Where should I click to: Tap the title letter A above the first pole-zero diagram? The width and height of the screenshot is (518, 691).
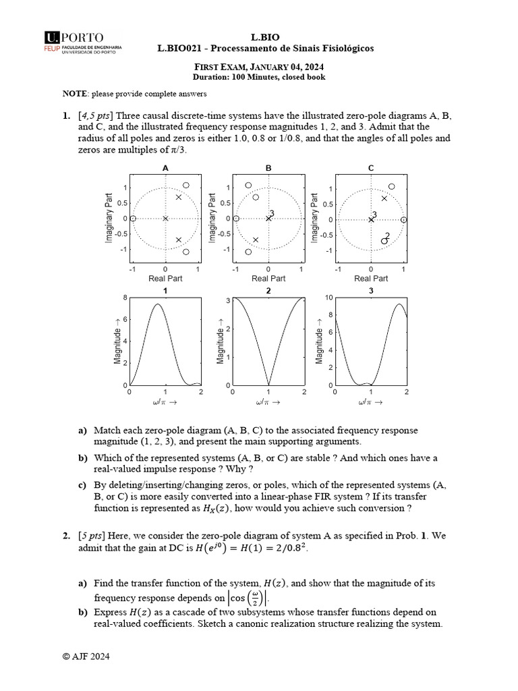pyautogui.click(x=165, y=167)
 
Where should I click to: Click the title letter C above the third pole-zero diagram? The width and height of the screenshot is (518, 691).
pyautogui.click(x=371, y=167)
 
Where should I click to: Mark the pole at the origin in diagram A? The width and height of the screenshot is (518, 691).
pyautogui.click(x=165, y=218)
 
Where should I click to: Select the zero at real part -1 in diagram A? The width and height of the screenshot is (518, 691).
pyautogui.click(x=133, y=218)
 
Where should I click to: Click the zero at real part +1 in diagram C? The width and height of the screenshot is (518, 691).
pyautogui.click(x=403, y=219)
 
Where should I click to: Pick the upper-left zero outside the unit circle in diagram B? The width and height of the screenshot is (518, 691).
pyautogui.click(x=248, y=185)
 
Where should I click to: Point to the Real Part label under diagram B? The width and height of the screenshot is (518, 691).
pyautogui.click(x=268, y=278)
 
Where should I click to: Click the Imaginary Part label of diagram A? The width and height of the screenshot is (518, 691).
pyautogui.click(x=109, y=218)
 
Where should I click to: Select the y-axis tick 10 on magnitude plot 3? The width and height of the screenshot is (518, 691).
pyautogui.click(x=328, y=298)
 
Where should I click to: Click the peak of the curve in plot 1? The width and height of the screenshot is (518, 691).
pyautogui.click(x=157, y=304)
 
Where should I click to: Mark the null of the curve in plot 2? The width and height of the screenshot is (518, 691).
pyautogui.click(x=268, y=385)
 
